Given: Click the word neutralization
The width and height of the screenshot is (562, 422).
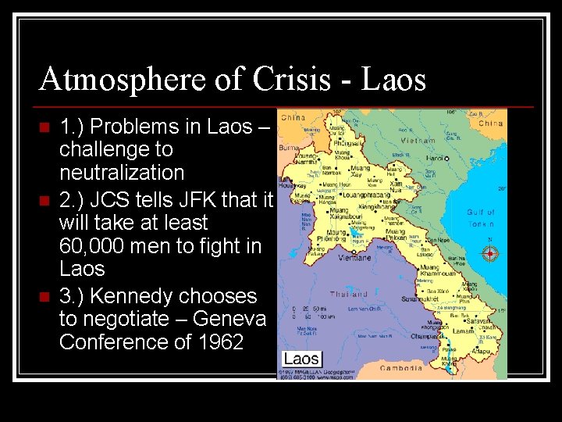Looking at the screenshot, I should point(121,172).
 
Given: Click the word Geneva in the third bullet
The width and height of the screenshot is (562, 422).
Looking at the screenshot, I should point(233,319).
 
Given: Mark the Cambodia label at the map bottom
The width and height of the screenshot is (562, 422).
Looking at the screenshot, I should point(401,368).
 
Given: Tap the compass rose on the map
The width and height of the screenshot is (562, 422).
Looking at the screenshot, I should point(489,253).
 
